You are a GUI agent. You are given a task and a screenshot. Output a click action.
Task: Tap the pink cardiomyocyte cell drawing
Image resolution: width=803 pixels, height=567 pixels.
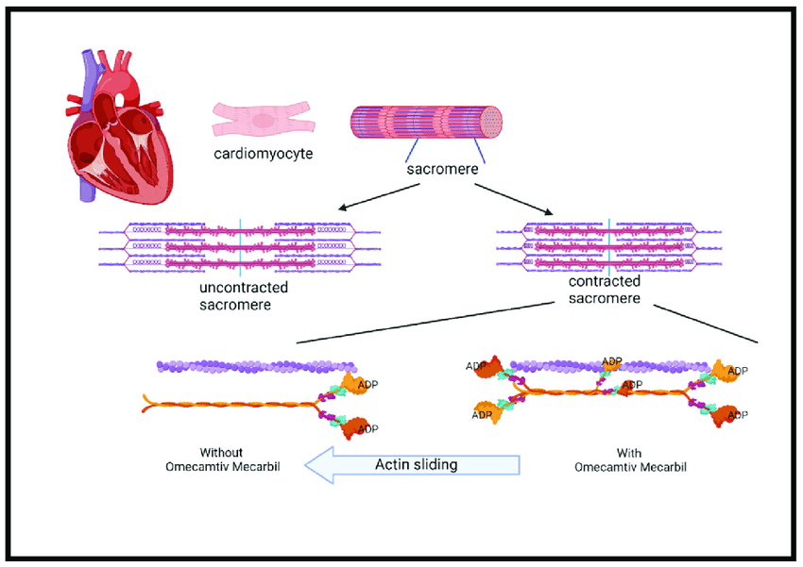coord(263,120)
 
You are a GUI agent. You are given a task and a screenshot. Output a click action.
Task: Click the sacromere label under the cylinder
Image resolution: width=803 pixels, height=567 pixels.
coord(441,171)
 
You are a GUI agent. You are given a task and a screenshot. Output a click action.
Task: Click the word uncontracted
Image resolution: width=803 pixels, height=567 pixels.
coord(244,288)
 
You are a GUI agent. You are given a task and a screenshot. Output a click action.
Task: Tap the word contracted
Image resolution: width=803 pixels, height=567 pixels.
coord(605,281)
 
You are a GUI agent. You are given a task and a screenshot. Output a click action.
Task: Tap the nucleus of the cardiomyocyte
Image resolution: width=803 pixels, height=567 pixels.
coord(262,120)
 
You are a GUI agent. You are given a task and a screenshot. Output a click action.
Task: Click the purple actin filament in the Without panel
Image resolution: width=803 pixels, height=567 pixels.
coord(255,366)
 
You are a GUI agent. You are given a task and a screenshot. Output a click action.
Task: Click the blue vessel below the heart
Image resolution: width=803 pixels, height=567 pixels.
coord(88,193)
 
